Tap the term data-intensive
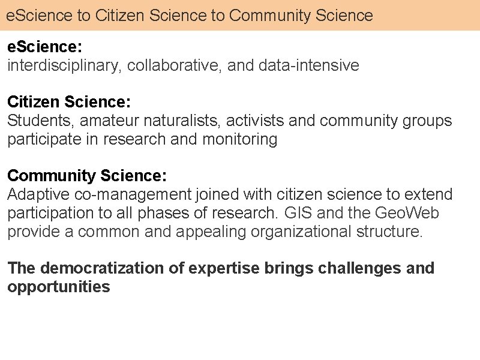point(308,65)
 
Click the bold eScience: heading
point(44,47)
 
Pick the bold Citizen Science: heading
point(69,101)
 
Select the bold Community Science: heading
point(87,175)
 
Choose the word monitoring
point(239,139)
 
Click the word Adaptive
point(38,194)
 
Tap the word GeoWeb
point(407,213)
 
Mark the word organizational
point(301,232)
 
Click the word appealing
point(211,232)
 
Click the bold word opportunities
point(58,287)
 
